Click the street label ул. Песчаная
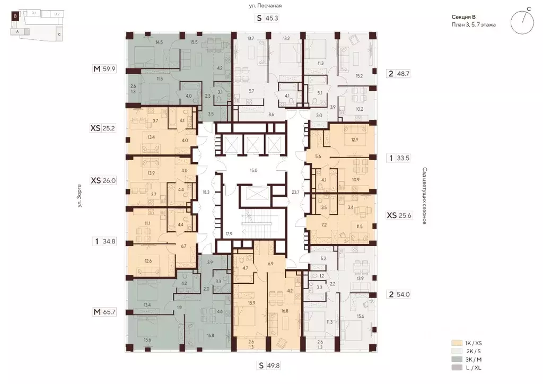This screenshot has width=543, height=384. [x=266, y=5]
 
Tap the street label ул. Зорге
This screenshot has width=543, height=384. [x=80, y=196]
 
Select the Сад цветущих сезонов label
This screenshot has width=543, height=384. [x=425, y=196]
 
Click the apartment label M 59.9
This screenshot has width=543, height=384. [x=104, y=68]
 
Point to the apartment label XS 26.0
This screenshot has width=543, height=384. [x=103, y=180]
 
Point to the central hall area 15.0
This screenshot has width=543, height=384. [x=253, y=170]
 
